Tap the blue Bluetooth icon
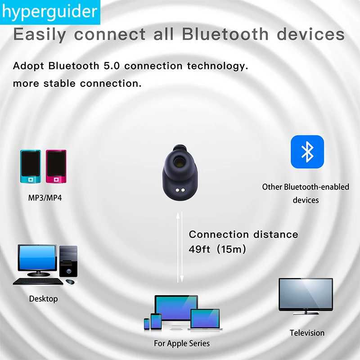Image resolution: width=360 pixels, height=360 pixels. (307, 152)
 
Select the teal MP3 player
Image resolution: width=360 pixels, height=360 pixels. (31, 166)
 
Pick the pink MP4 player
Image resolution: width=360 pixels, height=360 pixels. (56, 166)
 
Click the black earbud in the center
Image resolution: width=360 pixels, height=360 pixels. (179, 173)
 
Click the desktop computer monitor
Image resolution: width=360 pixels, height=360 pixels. (37, 260)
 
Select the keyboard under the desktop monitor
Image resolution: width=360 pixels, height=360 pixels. (38, 281)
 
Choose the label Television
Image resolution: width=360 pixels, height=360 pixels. (307, 333)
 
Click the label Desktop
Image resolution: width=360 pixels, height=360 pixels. (43, 298)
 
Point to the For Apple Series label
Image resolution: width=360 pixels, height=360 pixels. (182, 343)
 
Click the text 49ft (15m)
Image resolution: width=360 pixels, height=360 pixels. (218, 249)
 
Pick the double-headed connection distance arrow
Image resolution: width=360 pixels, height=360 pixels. (180, 248)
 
